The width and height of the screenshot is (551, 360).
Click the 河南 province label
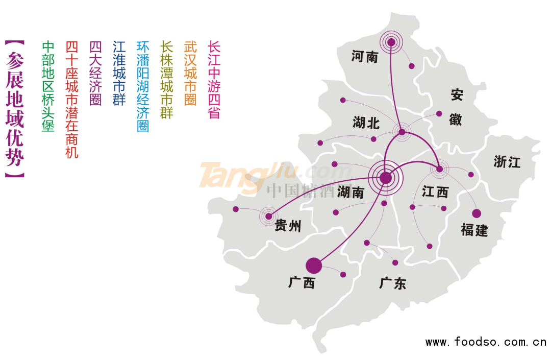(x=365, y=57)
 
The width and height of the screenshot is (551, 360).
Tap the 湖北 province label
(x=366, y=123)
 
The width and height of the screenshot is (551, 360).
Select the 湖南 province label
(x=351, y=192)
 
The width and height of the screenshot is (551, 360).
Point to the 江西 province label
(x=435, y=192)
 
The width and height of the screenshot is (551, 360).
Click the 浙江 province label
(x=507, y=162)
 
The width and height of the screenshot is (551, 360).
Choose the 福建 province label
(x=474, y=230)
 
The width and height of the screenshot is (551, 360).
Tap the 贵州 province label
(x=288, y=226)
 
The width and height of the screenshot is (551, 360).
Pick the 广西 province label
(x=302, y=282)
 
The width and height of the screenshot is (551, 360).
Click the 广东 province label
(x=393, y=283)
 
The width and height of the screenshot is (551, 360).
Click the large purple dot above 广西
(x=314, y=266)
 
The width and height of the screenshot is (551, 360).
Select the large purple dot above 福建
(x=477, y=213)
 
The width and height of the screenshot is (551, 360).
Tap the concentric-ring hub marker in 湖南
(x=386, y=178)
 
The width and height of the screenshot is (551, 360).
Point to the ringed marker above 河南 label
(x=391, y=42)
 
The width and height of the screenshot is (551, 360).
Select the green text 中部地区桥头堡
(x=48, y=87)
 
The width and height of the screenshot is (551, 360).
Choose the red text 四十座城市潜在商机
(x=72, y=100)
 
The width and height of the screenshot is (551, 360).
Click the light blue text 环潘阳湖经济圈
(x=143, y=87)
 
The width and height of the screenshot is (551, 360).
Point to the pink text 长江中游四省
(x=214, y=80)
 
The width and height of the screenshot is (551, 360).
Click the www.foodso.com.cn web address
(x=486, y=342)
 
